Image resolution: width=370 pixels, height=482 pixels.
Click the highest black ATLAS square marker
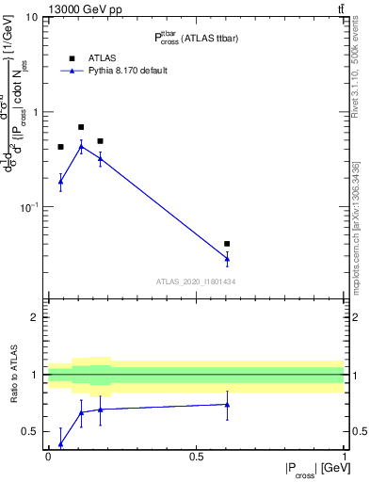point(81,127)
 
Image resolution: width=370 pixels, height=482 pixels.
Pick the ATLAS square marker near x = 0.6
point(227,244)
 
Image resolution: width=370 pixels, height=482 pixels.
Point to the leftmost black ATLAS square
point(60,147)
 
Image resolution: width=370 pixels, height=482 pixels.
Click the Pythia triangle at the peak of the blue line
point(81,147)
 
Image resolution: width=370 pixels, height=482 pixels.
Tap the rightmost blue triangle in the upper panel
point(227,258)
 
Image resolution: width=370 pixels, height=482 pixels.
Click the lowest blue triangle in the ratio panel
point(60,444)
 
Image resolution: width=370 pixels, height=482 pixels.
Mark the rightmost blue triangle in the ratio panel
point(227,405)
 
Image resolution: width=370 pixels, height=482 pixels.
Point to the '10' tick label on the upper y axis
point(31,18)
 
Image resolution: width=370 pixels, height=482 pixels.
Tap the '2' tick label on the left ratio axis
point(35,317)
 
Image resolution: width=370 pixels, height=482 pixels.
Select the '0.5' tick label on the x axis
point(196,456)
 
